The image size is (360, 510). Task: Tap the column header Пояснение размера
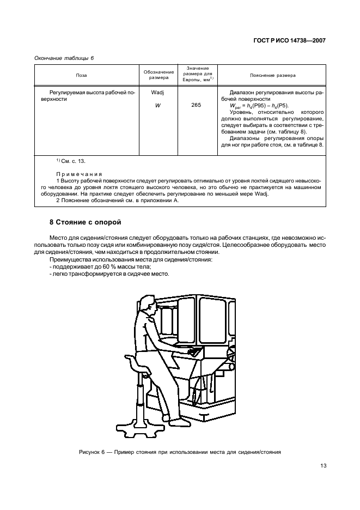pyautogui.click(x=272, y=76)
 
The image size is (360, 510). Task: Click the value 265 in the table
pyautogui.click(x=196, y=105)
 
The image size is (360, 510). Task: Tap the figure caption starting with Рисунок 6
pyautogui.click(x=180, y=451)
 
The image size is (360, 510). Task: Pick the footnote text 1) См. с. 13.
pyautogui.click(x=70, y=161)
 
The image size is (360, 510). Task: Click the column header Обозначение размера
pyautogui.click(x=158, y=76)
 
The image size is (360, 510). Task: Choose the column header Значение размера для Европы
pyautogui.click(x=196, y=74)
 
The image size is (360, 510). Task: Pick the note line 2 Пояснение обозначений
pyautogui.click(x=117, y=201)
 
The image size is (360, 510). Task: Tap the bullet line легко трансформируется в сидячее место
pyautogui.click(x=109, y=274)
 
